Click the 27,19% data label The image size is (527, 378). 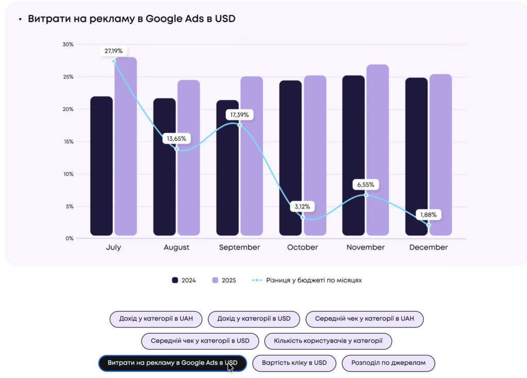pos(114,51)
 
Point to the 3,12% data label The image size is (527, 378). pos(303,207)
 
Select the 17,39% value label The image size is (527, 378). pos(239,114)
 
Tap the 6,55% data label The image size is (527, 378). pos(366,184)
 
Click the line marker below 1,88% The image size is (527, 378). pos(429,225)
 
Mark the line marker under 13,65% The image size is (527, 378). pos(177,149)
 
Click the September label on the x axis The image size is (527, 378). pos(239,247)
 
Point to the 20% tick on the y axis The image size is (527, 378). pos(68,109)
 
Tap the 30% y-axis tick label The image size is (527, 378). pos(68,44)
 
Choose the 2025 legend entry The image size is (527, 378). pos(224,280)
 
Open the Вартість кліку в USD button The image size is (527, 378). pos(294,363)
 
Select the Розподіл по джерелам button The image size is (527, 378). pos(388,363)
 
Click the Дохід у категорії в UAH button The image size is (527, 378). pos(156,319)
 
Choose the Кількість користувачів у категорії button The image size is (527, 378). pos(328,340)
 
